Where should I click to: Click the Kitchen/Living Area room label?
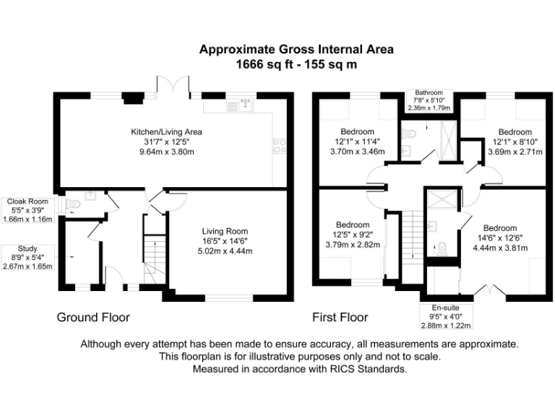click(x=165, y=132)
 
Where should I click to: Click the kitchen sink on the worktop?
click(x=246, y=105)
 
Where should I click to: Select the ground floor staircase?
click(x=152, y=261)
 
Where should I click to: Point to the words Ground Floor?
click(x=93, y=317)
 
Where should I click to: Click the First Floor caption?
click(x=340, y=317)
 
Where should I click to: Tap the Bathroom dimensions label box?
click(x=429, y=100)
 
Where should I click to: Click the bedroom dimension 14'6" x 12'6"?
click(x=497, y=238)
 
